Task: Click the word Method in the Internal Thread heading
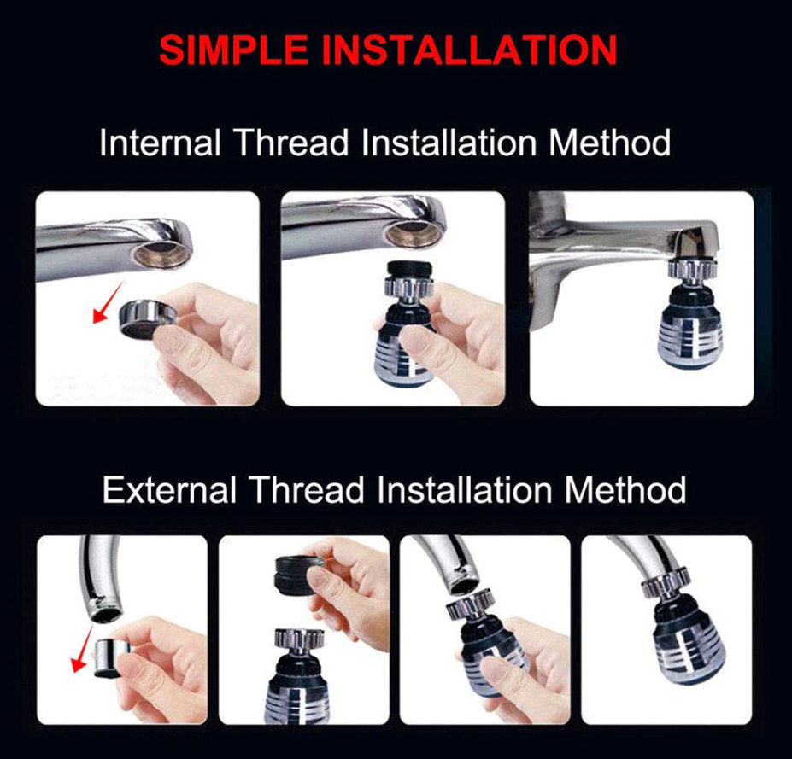pos(609,143)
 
